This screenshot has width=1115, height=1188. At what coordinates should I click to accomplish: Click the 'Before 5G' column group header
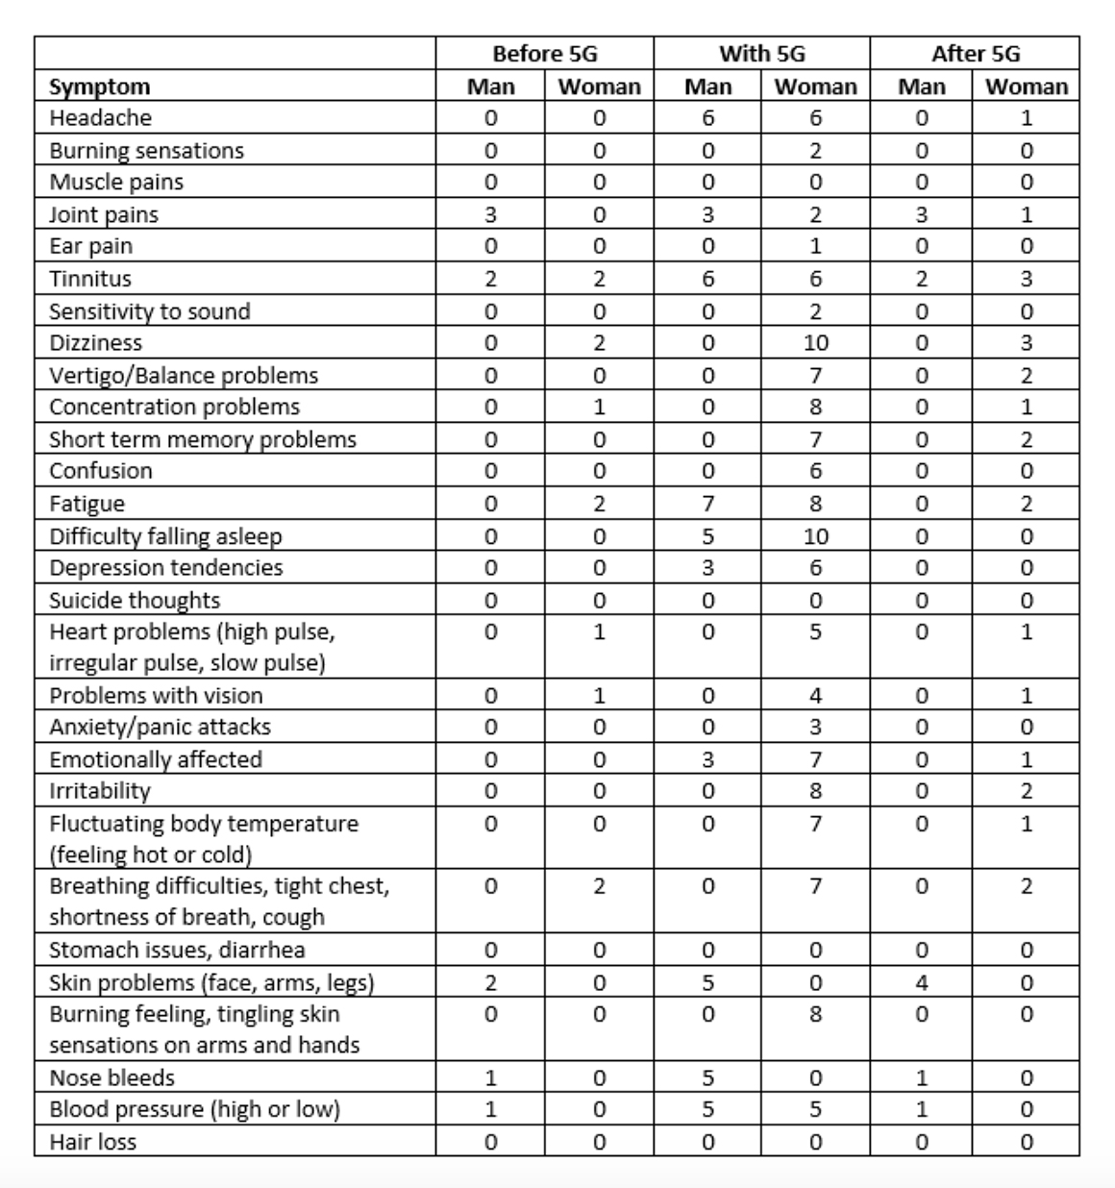(x=544, y=54)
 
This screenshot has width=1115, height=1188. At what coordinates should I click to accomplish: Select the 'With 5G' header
(x=761, y=54)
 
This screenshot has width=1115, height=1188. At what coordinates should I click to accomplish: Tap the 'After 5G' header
(x=975, y=54)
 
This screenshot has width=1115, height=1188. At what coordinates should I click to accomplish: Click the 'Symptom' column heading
(x=100, y=87)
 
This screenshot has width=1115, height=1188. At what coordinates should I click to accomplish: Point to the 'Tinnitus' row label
(x=90, y=279)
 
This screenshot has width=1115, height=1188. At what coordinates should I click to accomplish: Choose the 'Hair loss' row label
(x=92, y=1142)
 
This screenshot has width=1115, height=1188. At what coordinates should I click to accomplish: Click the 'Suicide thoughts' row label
(x=135, y=600)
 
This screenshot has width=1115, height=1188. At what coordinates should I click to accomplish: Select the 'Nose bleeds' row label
(x=111, y=1077)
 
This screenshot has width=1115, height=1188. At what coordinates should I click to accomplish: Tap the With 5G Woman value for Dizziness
(x=815, y=343)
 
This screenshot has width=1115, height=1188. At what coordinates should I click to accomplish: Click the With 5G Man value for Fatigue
(x=707, y=504)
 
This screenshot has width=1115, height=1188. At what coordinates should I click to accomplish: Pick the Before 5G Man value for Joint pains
(x=490, y=214)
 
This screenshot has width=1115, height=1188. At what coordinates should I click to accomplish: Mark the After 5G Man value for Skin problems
(x=921, y=982)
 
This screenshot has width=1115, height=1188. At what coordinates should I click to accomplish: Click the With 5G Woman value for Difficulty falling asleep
(x=815, y=535)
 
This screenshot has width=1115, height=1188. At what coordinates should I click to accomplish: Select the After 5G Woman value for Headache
(x=1027, y=118)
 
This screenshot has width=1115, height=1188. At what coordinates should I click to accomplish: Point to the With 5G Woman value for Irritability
(x=815, y=791)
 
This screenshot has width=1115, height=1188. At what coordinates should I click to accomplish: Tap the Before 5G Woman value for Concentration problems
(x=599, y=407)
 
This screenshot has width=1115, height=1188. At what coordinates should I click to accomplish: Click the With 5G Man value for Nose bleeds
(x=707, y=1077)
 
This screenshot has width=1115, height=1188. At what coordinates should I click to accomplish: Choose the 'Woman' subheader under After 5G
(x=1027, y=87)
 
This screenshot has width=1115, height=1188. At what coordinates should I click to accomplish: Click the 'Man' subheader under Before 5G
(x=490, y=87)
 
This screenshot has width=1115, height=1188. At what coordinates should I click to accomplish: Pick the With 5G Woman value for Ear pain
(x=815, y=246)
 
